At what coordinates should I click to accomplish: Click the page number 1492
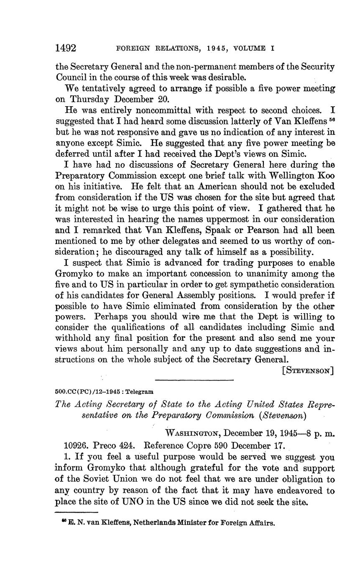(x=66, y=48)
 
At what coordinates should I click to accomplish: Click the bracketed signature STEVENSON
(x=309, y=371)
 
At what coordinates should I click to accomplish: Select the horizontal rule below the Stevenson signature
(x=194, y=380)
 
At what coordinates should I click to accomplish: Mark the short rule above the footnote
(x=77, y=512)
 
